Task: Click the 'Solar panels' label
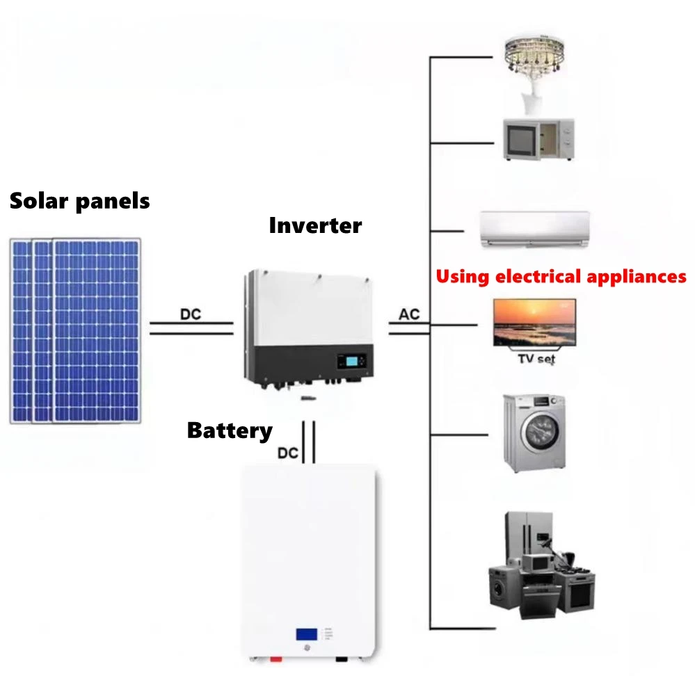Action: [79, 202]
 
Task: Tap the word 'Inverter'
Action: [315, 225]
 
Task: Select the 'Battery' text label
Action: [230, 430]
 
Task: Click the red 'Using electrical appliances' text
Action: [561, 276]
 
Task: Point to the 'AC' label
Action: [409, 314]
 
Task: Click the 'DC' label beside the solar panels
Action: [190, 314]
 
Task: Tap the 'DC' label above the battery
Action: [288, 453]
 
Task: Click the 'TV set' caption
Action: [536, 359]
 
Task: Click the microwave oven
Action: [538, 139]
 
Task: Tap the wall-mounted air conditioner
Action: [535, 229]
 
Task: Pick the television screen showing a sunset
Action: [534, 322]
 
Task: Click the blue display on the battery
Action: [307, 634]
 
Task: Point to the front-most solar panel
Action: [97, 330]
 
